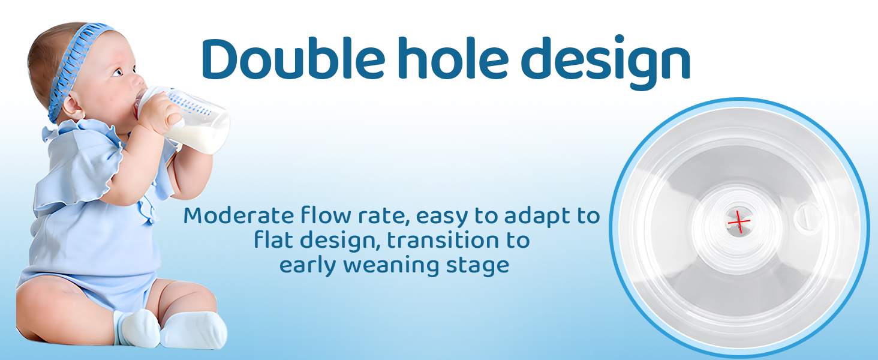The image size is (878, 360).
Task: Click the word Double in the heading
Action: tap(293, 58)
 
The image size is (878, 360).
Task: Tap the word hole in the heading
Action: tap(453, 58)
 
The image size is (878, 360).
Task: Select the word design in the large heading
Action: tap(606, 63)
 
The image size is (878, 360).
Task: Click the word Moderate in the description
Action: tap(239, 215)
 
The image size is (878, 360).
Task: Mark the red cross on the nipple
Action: tap(739, 222)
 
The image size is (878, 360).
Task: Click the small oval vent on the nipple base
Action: tap(807, 216)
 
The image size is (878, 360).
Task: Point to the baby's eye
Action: tap(118, 72)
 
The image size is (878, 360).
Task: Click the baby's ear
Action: tap(72, 106)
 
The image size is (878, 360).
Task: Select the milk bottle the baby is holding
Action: tap(184, 119)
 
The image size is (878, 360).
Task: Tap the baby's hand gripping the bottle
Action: tap(161, 114)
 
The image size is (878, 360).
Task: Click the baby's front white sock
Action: tap(194, 330)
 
